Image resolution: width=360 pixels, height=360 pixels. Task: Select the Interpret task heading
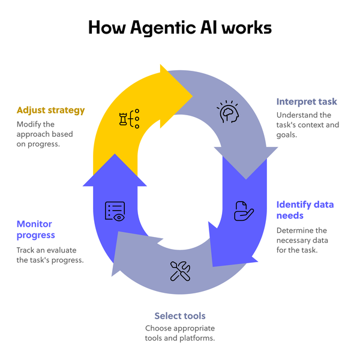click(307, 101)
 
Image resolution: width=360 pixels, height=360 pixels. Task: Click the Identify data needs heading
click(305, 210)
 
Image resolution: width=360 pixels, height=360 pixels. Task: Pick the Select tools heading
click(180, 316)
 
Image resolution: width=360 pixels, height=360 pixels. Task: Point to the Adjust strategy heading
click(51, 110)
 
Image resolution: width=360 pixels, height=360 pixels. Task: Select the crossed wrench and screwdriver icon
click(180, 271)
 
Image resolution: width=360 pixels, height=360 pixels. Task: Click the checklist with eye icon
click(115, 211)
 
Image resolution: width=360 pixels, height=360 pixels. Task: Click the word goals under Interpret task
click(289, 134)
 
